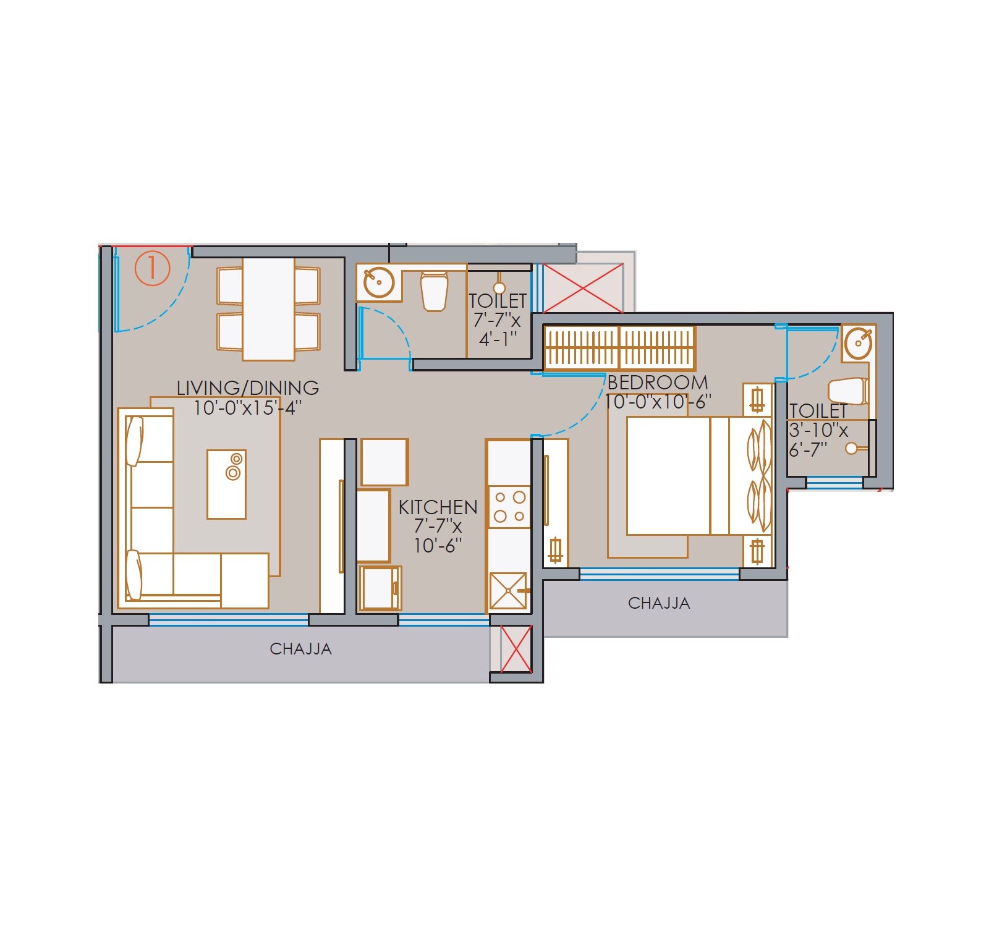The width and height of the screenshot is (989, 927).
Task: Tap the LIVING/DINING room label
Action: pos(247,388)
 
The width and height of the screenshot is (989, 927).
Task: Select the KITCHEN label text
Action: pos(438,507)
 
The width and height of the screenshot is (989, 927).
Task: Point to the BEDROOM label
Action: pos(658,383)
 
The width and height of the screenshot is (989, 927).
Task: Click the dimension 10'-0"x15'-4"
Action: pos(247,408)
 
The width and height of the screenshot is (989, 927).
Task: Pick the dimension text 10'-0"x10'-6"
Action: pos(658,402)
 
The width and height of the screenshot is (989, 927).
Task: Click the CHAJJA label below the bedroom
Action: pos(659,603)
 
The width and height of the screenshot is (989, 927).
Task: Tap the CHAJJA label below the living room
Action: pos(300,649)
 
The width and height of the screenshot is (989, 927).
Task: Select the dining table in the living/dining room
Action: pos(268,309)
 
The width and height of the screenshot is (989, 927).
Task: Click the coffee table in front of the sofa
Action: pos(226,484)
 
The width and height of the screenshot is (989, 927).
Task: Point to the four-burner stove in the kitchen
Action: pos(509,507)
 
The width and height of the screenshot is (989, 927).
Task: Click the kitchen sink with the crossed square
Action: pos(508,591)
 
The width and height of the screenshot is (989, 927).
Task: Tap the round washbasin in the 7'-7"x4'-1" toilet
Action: pos(378,283)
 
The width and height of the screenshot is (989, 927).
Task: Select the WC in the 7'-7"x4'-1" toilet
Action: pos(434,291)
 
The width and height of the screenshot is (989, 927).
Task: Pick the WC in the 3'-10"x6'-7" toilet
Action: pos(848,391)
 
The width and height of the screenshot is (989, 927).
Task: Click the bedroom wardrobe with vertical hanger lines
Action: pos(619,349)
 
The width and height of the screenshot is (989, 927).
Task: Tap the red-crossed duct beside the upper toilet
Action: pos(583,288)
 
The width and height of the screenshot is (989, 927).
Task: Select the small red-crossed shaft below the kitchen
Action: pos(516,648)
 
